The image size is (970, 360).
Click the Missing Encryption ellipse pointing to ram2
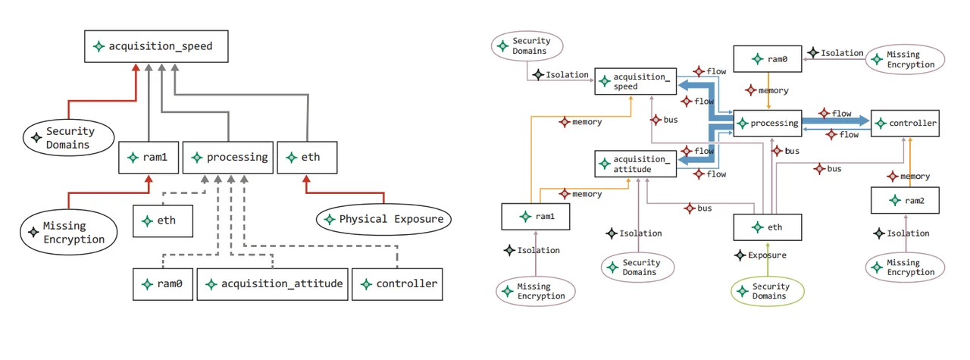pyautogui.click(x=905, y=268)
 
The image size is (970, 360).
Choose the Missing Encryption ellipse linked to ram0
pyautogui.click(x=905, y=60)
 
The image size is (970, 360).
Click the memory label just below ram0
pyautogui.click(x=767, y=90)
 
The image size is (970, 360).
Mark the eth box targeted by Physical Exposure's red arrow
pyautogui.click(x=307, y=158)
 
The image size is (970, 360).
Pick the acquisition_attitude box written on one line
pyautogui.click(x=274, y=284)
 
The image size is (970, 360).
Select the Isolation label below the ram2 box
pyautogui.click(x=901, y=233)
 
